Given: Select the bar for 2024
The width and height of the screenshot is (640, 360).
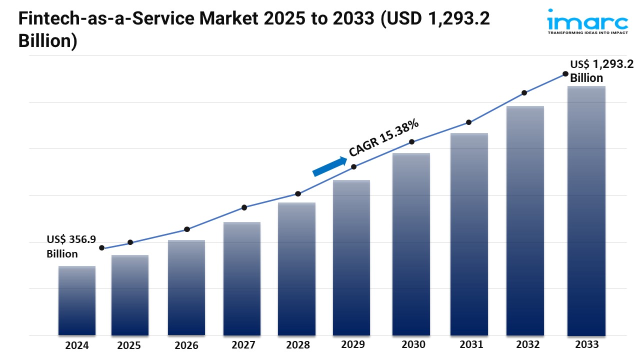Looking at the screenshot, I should click(76, 300).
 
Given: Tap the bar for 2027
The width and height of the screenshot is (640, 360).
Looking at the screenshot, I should click(242, 278).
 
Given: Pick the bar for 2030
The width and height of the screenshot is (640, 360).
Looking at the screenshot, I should click(411, 244).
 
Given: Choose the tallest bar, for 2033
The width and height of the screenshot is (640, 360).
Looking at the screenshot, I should click(586, 210).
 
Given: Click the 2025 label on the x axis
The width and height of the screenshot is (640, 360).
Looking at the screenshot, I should click(129, 345).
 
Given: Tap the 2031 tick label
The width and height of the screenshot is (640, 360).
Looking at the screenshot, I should click(469, 344).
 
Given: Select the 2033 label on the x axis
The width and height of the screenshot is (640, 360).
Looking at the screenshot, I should click(586, 344).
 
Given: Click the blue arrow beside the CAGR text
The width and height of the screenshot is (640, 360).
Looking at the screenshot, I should click(330, 166).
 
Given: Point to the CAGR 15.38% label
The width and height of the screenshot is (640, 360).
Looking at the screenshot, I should click(384, 138).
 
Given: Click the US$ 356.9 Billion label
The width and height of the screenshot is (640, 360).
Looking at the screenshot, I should click(71, 246).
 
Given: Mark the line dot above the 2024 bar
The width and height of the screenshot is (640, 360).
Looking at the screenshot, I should click(102, 248).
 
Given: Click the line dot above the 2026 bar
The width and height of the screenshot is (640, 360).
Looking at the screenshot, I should click(187, 229).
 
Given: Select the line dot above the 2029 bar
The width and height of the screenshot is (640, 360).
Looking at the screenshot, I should click(353, 167).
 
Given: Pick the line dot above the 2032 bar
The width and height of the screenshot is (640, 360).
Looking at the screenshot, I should click(524, 93).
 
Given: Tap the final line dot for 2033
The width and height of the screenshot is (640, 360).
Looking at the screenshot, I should click(565, 74).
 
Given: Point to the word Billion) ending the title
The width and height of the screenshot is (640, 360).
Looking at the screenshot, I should click(48, 41).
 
